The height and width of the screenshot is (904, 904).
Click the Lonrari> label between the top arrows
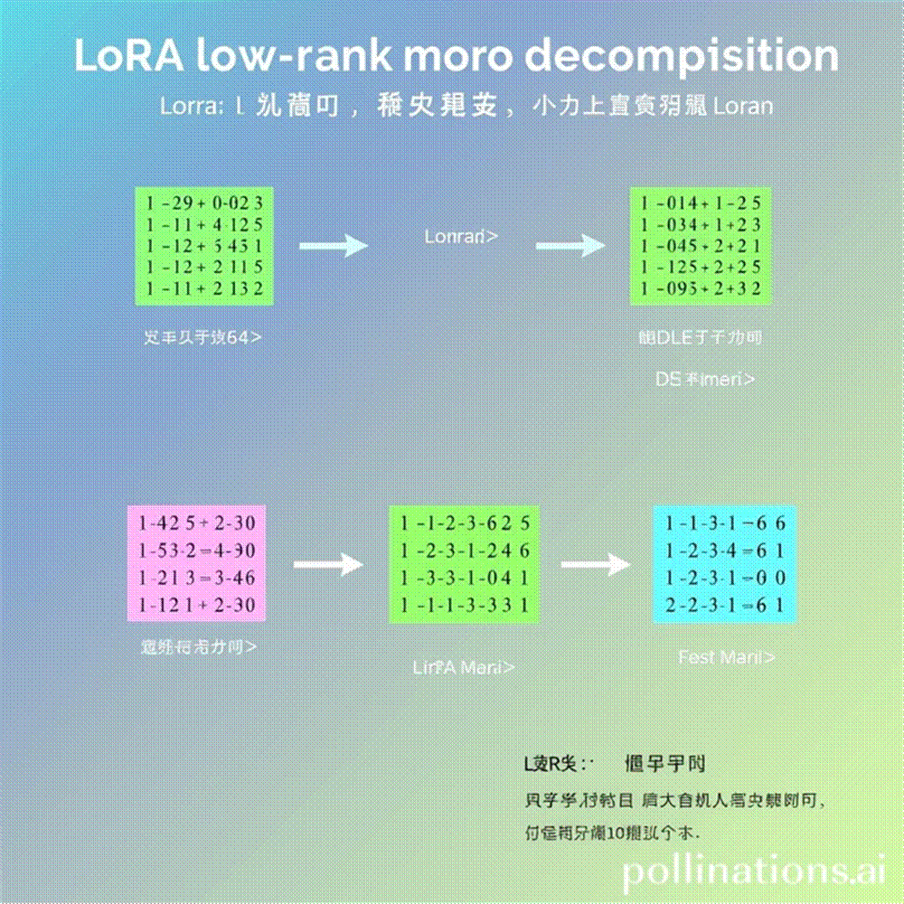click(x=461, y=237)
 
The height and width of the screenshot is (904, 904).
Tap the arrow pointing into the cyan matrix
click(x=594, y=565)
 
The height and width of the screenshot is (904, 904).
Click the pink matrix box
click(x=196, y=563)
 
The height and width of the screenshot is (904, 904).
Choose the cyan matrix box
click(x=724, y=563)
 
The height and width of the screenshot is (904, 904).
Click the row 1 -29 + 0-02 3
click(x=203, y=202)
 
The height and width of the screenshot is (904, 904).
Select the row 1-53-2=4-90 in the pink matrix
click(x=196, y=551)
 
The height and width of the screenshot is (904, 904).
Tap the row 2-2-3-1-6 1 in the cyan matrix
click(x=724, y=605)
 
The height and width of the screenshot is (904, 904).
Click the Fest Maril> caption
click(x=726, y=657)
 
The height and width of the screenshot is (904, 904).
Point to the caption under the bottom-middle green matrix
click(x=464, y=668)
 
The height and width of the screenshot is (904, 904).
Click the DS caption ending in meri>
click(x=705, y=380)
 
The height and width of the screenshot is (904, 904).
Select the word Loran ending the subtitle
click(x=743, y=106)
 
